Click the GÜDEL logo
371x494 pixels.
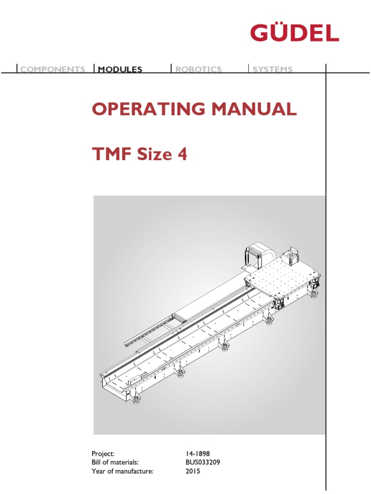pyautogui.click(x=294, y=33)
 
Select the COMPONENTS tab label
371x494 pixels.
pyautogui.click(x=53, y=69)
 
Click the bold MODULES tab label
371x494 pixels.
pyautogui.click(x=120, y=69)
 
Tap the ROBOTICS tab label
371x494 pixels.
pyautogui.click(x=198, y=69)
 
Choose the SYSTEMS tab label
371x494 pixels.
pyautogui.click(x=272, y=69)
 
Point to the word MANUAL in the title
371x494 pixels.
pyautogui.click(x=253, y=110)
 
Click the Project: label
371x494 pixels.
pyautogui.click(x=103, y=453)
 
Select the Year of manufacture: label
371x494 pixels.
pyautogui.click(x=122, y=471)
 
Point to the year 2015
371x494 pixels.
pyautogui.click(x=193, y=471)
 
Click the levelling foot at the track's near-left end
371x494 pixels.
pyautogui.click(x=137, y=399)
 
